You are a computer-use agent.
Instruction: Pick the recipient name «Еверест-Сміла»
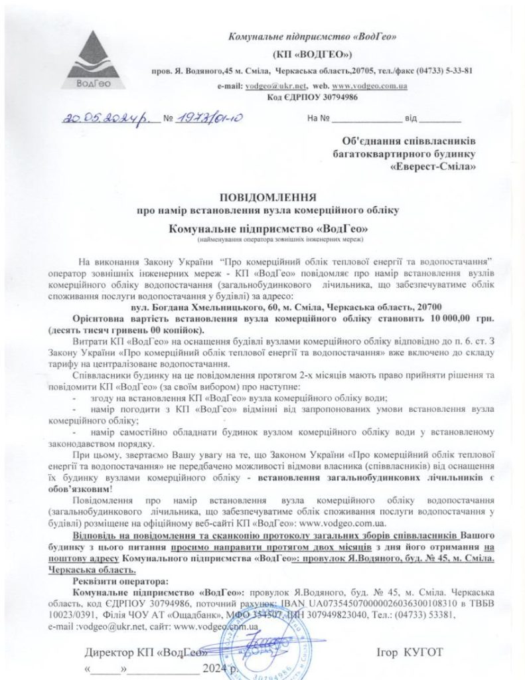coord(434,167)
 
